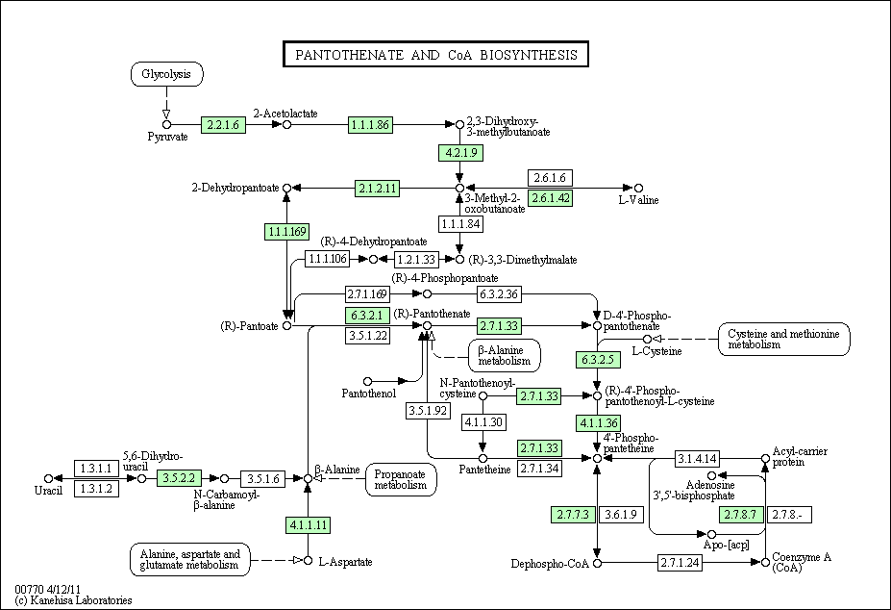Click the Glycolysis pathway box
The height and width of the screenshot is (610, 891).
tap(166, 74)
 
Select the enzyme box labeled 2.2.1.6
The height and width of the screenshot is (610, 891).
tap(223, 125)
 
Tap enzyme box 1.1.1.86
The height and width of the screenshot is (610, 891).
tap(370, 125)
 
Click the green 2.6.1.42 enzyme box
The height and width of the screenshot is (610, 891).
tap(550, 198)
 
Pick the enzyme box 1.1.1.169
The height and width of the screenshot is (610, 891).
tap(287, 232)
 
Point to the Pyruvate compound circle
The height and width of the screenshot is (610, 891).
tap(166, 125)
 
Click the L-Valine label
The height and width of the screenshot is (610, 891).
tap(638, 200)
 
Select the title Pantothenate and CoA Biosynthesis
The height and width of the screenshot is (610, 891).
tap(435, 55)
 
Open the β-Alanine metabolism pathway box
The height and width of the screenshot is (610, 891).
tap(505, 356)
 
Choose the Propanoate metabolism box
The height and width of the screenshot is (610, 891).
tap(401, 480)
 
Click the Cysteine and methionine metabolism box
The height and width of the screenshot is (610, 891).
tap(783, 340)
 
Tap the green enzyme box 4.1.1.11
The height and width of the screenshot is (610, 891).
tap(308, 524)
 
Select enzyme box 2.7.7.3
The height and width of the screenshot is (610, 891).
tap(573, 515)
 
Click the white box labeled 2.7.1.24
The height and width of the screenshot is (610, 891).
tap(680, 563)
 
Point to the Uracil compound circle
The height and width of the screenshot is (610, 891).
tap(48, 478)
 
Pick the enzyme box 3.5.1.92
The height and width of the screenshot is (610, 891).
tap(428, 410)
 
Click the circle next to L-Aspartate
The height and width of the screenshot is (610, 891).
tap(308, 561)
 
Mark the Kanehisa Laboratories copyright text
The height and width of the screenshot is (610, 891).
tap(73, 600)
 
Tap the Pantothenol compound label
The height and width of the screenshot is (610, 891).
tap(369, 394)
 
